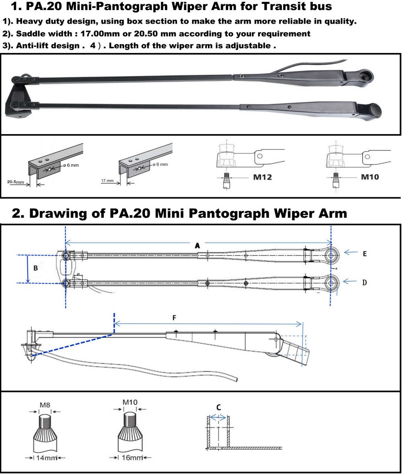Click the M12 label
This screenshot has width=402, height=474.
262,177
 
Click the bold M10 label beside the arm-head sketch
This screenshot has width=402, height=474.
370,177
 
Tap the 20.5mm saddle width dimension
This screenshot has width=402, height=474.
16,182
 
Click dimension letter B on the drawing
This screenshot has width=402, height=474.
36,268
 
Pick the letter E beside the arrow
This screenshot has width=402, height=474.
365,253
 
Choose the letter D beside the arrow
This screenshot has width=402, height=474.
365,282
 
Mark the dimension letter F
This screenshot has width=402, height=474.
174,317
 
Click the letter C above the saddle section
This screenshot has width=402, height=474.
218,407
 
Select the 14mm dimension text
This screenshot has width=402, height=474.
45,458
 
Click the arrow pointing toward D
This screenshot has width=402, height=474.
350,282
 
